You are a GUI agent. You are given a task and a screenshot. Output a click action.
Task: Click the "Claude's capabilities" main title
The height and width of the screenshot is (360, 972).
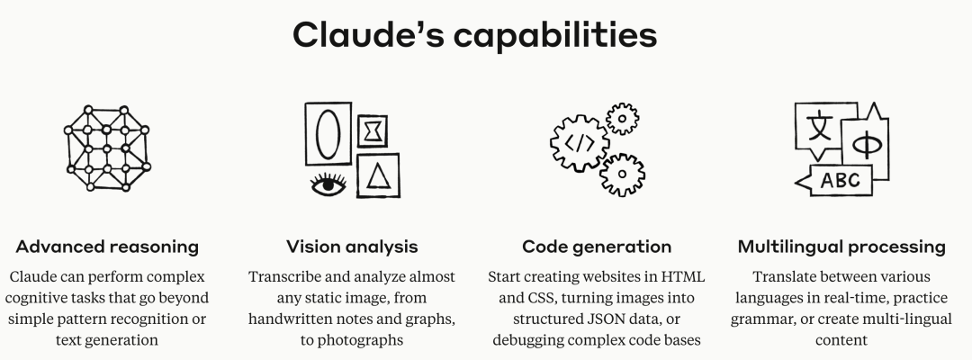474,35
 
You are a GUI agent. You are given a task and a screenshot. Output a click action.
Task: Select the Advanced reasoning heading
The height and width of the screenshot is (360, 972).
107,247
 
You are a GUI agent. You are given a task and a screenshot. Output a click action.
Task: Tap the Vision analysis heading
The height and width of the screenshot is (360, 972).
352,247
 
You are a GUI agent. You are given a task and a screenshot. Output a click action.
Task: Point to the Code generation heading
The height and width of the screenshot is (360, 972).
597,247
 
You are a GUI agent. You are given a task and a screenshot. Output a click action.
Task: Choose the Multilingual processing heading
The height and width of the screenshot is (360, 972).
841,247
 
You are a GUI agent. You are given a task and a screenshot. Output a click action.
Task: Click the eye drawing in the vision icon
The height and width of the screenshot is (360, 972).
328,184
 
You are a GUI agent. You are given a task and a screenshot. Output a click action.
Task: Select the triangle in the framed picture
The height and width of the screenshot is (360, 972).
378,174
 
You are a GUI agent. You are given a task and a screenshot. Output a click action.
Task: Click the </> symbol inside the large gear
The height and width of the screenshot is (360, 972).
579,140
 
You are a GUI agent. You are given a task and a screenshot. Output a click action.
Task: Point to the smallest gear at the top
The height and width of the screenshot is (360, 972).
621,118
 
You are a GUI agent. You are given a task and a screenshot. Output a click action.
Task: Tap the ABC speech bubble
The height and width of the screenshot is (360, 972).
841,180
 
